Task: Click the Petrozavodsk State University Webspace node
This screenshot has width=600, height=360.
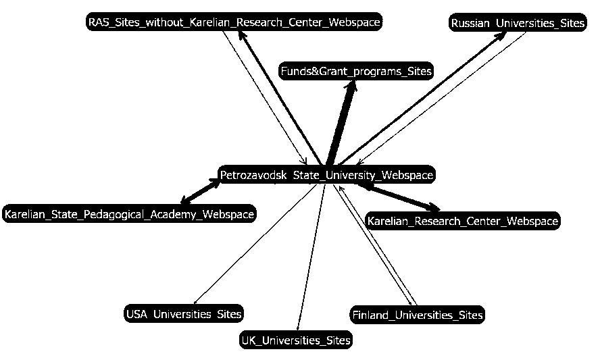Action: point(326,175)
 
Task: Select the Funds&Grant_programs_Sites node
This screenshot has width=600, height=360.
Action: point(355,71)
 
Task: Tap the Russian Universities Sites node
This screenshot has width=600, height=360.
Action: point(518,23)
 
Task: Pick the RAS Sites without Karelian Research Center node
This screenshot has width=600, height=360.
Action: point(234,22)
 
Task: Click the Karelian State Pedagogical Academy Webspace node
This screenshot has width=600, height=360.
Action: point(128,215)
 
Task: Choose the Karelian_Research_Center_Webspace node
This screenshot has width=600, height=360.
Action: point(462,221)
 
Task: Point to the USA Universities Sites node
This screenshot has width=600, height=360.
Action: point(184,314)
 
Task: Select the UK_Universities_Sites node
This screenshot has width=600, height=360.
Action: point(296,340)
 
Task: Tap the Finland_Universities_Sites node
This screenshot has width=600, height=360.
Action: point(417,315)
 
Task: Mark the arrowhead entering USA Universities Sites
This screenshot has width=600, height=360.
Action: point(195,303)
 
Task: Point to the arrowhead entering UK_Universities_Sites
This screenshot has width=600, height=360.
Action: point(298,329)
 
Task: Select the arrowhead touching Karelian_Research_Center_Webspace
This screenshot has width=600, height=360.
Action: point(434,208)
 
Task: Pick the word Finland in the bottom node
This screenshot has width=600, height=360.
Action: point(371,315)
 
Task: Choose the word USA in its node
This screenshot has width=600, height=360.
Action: point(137,314)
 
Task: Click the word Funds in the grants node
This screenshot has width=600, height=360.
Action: point(295,71)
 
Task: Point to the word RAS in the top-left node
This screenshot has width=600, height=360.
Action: point(99,22)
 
